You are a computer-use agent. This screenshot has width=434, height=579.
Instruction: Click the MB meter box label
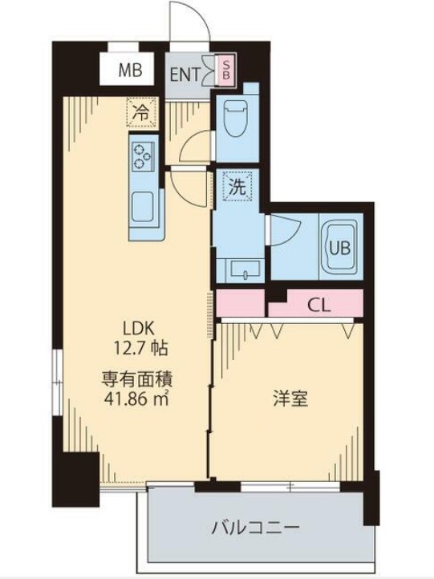click(131, 70)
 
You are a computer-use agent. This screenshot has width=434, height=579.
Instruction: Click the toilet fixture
click(236, 117)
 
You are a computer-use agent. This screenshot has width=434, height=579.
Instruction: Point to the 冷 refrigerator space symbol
click(140, 113)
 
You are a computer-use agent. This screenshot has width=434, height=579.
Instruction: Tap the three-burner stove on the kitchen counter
click(144, 155)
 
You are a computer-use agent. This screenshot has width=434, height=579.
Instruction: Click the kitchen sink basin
click(145, 208)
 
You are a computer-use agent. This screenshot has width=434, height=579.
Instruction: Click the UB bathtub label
click(338, 245)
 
